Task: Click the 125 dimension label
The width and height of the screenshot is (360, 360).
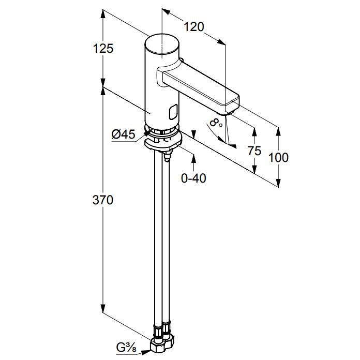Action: [103, 49]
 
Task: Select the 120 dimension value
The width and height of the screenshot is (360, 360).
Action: [194, 27]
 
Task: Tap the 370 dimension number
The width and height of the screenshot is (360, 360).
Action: [103, 200]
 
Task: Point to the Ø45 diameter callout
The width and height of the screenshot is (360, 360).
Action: [123, 134]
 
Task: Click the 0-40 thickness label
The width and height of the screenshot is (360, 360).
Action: [193, 178]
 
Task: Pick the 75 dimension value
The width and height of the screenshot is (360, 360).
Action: [254, 151]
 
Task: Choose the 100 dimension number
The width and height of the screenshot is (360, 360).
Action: [278, 158]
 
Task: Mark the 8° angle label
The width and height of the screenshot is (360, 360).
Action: [216, 123]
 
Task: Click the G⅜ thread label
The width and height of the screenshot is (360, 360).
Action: [126, 348]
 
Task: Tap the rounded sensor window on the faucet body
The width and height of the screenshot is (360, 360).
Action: [173, 112]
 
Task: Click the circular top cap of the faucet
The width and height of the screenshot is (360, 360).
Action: [162, 43]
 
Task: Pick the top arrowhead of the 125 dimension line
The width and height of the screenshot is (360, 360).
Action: [103, 14]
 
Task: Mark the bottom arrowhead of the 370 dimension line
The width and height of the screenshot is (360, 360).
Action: [103, 308]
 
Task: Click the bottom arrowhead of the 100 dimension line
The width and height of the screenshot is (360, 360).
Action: [278, 183]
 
